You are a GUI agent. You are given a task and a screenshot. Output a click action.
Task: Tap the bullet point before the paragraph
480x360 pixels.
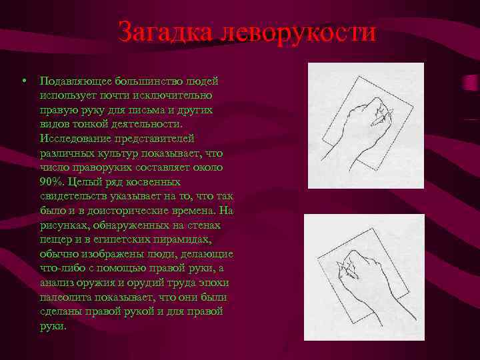point(23,80)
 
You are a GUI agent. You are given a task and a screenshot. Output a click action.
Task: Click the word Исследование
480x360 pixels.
point(75,139)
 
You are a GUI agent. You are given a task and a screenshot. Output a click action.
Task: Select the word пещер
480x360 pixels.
point(54,239)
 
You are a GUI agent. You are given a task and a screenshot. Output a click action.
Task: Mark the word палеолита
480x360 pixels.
point(65,297)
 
